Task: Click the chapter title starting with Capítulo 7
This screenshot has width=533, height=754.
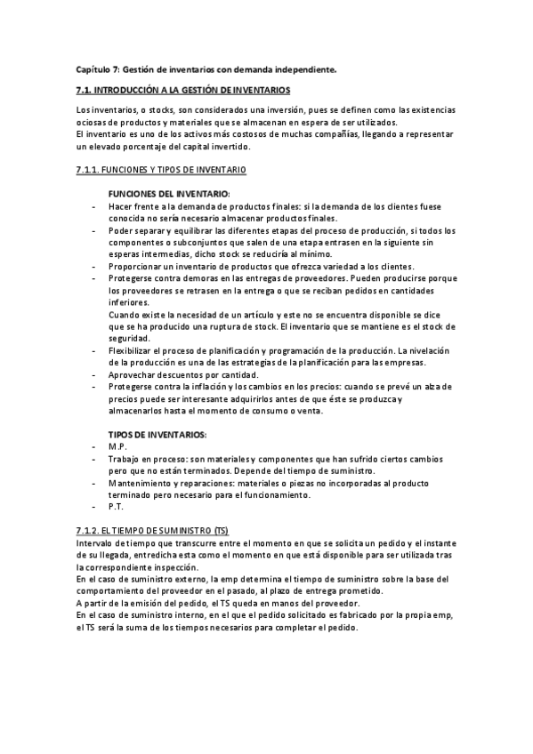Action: tap(206, 69)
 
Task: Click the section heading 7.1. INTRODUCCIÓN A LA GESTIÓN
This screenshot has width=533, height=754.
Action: tap(183, 91)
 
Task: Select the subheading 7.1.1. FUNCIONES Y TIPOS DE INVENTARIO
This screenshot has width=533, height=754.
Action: tap(162, 169)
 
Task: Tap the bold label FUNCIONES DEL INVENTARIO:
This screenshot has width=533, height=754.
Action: tap(168, 193)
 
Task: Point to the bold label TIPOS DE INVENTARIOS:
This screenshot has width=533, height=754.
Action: tap(157, 434)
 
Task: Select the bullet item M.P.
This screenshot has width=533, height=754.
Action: tap(117, 445)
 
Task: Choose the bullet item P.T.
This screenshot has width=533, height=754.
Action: tap(116, 506)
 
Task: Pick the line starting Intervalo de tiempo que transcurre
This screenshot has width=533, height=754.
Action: tap(266, 542)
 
